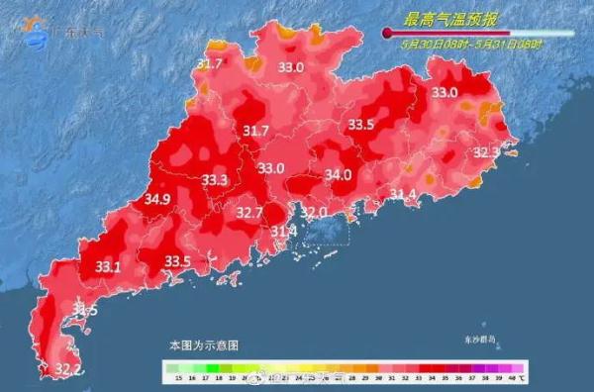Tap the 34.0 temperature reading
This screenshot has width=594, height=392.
coord(339,175)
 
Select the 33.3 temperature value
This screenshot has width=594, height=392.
coord(215,180)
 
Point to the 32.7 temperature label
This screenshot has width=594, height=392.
coord(249,212)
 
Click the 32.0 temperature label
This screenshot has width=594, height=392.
coord(314,212)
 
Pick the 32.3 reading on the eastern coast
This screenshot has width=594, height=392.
coord(486,152)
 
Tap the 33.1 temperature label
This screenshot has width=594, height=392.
coord(108,267)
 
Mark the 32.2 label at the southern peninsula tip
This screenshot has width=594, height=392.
coord(67,369)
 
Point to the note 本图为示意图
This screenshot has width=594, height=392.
coord(203,345)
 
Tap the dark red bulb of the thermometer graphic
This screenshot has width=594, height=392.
coord(387,33)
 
